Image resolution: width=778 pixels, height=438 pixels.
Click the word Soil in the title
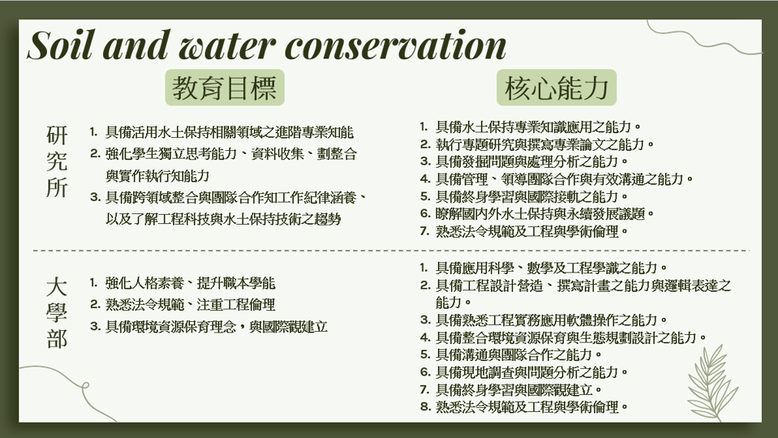coord(60,45)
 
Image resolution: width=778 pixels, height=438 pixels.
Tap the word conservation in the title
coord(395,46)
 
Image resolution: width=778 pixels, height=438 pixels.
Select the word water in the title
coord(227,46)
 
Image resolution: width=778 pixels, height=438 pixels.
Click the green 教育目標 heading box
coord(225,88)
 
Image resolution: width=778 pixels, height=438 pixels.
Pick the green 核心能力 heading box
coord(557,88)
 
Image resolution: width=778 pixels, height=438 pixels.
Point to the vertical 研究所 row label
coord(57,161)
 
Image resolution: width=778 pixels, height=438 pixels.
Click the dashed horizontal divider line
coord(391,251)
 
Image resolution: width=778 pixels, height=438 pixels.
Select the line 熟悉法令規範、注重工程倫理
coord(190,304)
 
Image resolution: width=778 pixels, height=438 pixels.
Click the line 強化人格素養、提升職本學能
coord(190,283)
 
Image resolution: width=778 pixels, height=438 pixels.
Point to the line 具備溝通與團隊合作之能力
coord(518,354)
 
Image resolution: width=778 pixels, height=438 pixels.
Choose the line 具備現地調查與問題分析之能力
coord(531,372)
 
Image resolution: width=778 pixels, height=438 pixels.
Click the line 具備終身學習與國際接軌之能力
coord(531,196)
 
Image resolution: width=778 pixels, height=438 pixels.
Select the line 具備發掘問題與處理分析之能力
coord(531,161)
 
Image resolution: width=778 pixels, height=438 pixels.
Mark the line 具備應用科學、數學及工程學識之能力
coord(551,268)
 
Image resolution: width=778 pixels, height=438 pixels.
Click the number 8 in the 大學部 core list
coord(425,407)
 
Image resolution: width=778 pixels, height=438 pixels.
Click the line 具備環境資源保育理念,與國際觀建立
coord(217,327)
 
